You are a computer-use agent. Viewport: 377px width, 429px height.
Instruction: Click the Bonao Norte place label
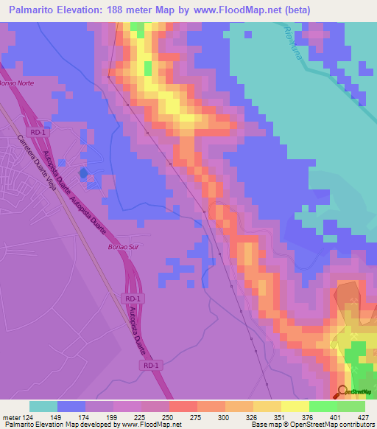coord(16,83)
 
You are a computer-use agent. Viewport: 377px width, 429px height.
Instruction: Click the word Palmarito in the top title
coord(34,10)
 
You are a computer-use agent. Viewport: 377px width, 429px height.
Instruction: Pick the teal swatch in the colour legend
coord(43,406)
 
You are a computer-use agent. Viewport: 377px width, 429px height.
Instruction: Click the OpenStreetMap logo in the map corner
coord(354,391)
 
